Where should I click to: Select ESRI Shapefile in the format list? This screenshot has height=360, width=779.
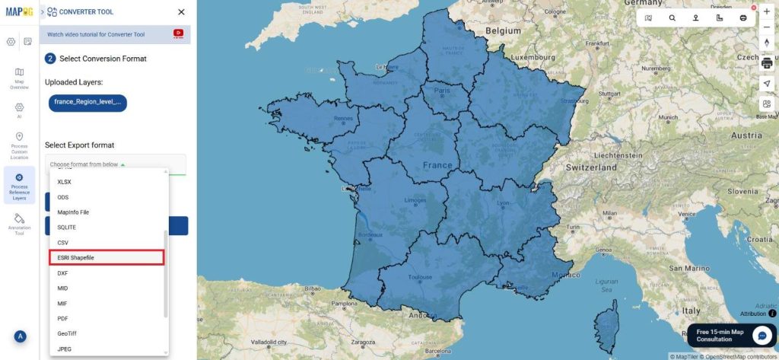[x=107, y=258]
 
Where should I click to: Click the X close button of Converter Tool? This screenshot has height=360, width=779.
[x=181, y=12]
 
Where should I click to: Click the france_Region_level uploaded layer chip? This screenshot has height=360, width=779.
[x=87, y=102]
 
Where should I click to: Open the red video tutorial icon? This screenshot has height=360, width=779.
[x=179, y=33]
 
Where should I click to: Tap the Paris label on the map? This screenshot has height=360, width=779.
[x=442, y=91]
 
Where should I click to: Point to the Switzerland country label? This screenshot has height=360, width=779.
[x=591, y=167]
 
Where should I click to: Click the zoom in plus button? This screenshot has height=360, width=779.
[x=767, y=11]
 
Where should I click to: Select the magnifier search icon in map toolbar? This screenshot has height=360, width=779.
[x=672, y=18]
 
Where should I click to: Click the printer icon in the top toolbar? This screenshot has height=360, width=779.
[x=743, y=18]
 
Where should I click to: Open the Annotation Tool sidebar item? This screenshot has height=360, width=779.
[x=19, y=224]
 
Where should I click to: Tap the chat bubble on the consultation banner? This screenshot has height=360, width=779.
[x=762, y=336]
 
